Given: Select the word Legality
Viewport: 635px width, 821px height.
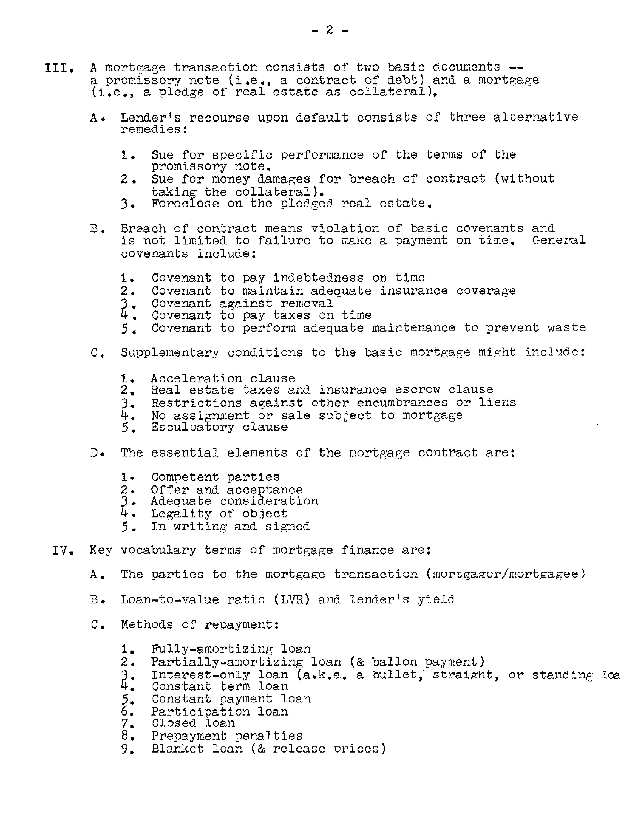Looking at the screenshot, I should (181, 514).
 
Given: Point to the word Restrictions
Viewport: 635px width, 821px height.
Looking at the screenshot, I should (196, 403).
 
